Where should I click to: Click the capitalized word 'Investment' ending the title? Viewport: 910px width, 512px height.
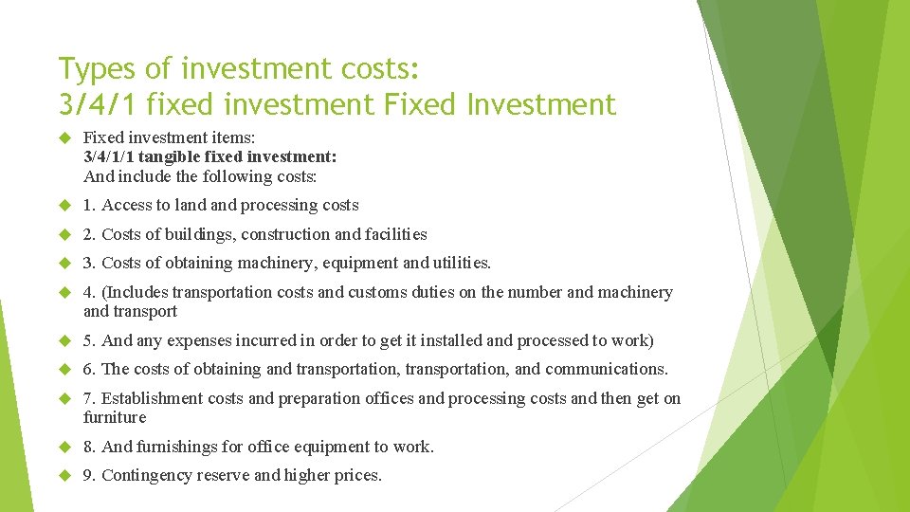click(x=548, y=103)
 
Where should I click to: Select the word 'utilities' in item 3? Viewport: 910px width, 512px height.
click(x=459, y=263)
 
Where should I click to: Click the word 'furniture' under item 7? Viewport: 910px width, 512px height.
click(x=115, y=417)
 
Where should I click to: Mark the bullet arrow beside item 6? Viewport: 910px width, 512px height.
click(x=64, y=370)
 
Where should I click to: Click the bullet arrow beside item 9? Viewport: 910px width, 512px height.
click(x=64, y=476)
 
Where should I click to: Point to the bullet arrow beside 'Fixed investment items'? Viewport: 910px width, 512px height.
click(x=64, y=138)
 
